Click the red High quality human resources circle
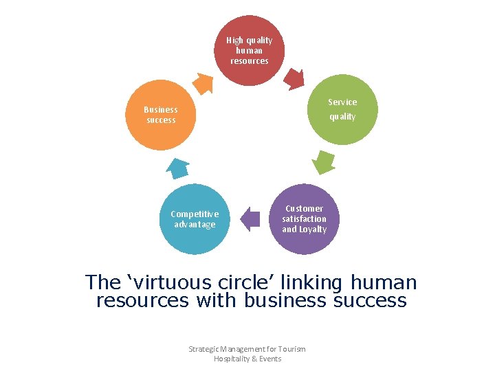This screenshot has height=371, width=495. [x=249, y=50]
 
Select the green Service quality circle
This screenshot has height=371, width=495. [x=342, y=109]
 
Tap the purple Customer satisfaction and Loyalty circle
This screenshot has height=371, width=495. [x=304, y=218]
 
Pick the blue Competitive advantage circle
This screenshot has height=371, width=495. [x=195, y=219]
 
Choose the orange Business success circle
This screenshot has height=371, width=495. [x=161, y=115]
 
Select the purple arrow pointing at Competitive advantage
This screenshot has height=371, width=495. [x=251, y=220]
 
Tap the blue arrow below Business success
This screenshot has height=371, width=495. [x=178, y=168]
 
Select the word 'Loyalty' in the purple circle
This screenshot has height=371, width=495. [x=313, y=229]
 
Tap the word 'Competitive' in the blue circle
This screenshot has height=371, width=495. [x=195, y=214]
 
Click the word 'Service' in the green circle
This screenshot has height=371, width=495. [x=342, y=102]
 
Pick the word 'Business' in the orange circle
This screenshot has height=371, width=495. [x=161, y=109]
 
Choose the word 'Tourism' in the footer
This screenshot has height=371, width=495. [x=291, y=349]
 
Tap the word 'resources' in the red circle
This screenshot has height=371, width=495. [x=250, y=60]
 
